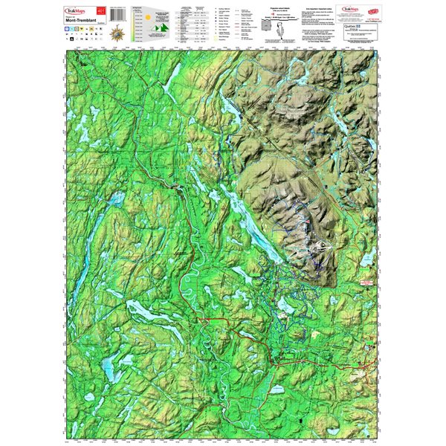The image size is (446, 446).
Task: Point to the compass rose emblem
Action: [x=116, y=33]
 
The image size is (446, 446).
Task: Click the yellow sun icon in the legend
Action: [x=147, y=16]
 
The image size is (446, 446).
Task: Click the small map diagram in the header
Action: [x=268, y=27]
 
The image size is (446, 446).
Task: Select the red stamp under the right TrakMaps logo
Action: [x=376, y=13]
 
